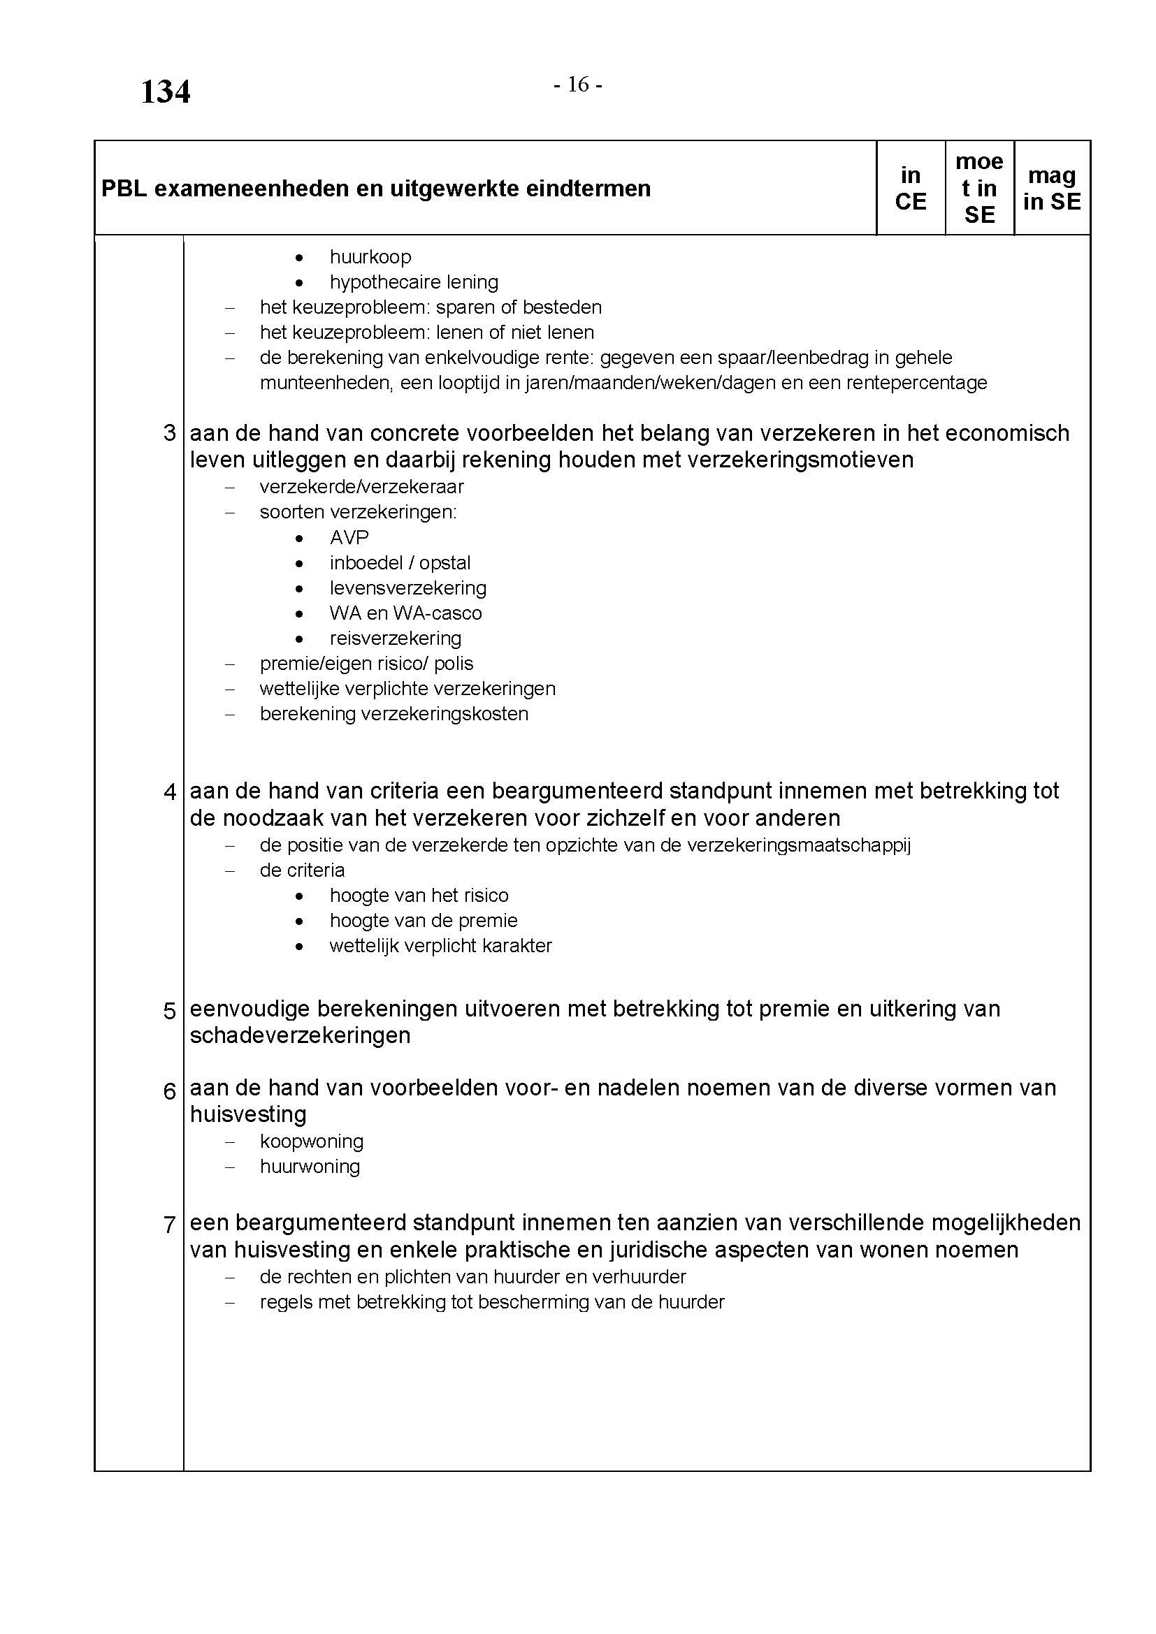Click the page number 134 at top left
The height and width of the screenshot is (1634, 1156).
point(165,92)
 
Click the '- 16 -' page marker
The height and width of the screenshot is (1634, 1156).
point(578,85)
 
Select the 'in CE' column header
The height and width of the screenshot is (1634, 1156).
point(911,189)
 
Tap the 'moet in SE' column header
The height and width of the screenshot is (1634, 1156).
point(979,189)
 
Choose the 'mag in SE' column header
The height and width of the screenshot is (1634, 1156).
point(1051,189)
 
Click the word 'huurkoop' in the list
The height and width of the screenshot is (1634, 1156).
point(370,257)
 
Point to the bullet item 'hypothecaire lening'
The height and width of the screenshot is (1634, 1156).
point(414,282)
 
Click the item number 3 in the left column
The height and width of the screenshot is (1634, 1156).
point(169,432)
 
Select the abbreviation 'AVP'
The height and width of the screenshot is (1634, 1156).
point(349,537)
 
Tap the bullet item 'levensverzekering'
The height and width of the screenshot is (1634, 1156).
point(408,588)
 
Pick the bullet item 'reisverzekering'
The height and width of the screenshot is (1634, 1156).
point(395,639)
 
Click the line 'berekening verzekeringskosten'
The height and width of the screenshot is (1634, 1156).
point(393,714)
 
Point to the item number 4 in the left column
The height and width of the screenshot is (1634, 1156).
point(169,792)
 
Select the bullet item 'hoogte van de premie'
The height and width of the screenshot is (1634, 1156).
point(423,921)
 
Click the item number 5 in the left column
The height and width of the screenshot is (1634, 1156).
point(169,1011)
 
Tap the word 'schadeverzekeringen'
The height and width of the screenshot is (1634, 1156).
point(300,1035)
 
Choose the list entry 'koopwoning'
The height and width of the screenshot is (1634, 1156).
point(311,1141)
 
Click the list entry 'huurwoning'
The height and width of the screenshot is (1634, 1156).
point(310,1167)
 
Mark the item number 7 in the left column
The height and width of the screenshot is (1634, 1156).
point(169,1225)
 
